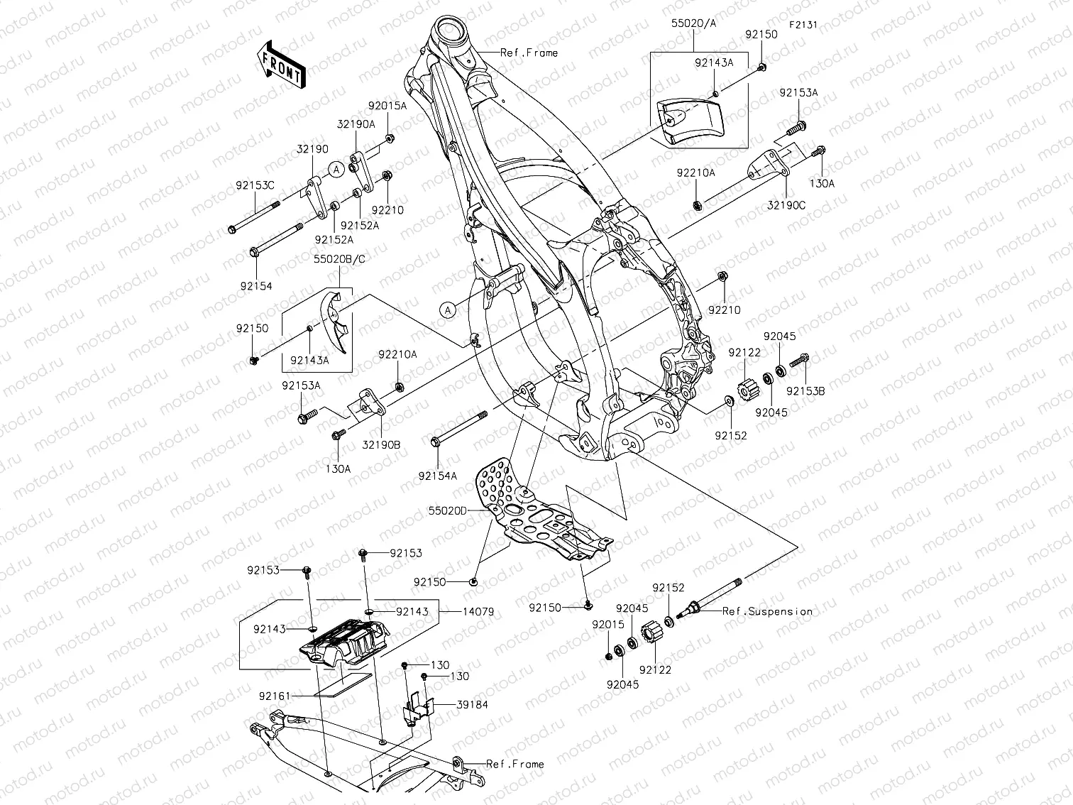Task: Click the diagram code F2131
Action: [803, 24]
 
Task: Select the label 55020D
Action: [447, 510]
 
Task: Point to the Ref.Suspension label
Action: [767, 611]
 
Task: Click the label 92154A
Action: [437, 476]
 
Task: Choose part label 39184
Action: [473, 705]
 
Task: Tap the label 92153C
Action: [255, 185]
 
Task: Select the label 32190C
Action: [786, 206]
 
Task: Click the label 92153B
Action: [805, 390]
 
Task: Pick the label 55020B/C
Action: [339, 260]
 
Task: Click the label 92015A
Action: [387, 106]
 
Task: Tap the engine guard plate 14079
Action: [346, 642]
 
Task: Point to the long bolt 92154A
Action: [458, 429]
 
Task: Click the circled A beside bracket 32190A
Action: [337, 169]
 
